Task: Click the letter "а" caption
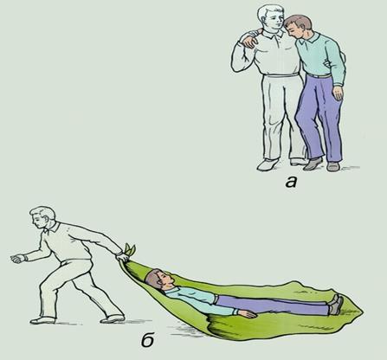coord(291,183)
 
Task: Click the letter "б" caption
coord(148,340)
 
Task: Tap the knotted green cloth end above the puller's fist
coord(130,249)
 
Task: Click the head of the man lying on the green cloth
coord(159,280)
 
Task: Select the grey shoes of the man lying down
coord(336,305)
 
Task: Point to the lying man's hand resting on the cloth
coord(248,313)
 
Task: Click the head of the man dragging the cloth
coord(42,217)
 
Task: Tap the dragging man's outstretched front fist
coord(17,259)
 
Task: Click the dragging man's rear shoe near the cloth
coord(113,318)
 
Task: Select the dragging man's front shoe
coord(42,320)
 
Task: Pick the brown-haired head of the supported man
coord(297,27)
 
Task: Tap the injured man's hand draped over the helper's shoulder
coord(250,42)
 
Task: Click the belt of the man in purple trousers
coord(319,76)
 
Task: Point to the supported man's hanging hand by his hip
coord(338,93)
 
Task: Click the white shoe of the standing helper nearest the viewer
coord(268,164)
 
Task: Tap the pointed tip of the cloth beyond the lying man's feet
coord(362,311)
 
